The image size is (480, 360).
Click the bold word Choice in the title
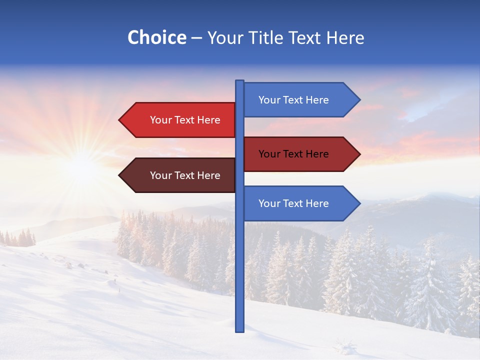(x=156, y=37)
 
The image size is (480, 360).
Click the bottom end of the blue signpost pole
(x=239, y=329)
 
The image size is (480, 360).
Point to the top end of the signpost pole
(x=239, y=82)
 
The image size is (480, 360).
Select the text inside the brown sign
(x=185, y=175)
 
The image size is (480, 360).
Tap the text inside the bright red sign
(x=185, y=120)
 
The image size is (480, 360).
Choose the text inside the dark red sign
(x=293, y=154)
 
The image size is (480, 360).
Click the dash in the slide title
(x=196, y=38)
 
